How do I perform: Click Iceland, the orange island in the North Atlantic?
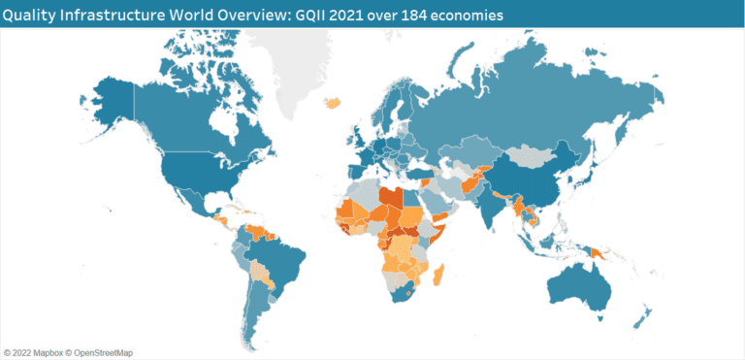point(335,101)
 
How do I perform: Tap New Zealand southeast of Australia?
point(644,315)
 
